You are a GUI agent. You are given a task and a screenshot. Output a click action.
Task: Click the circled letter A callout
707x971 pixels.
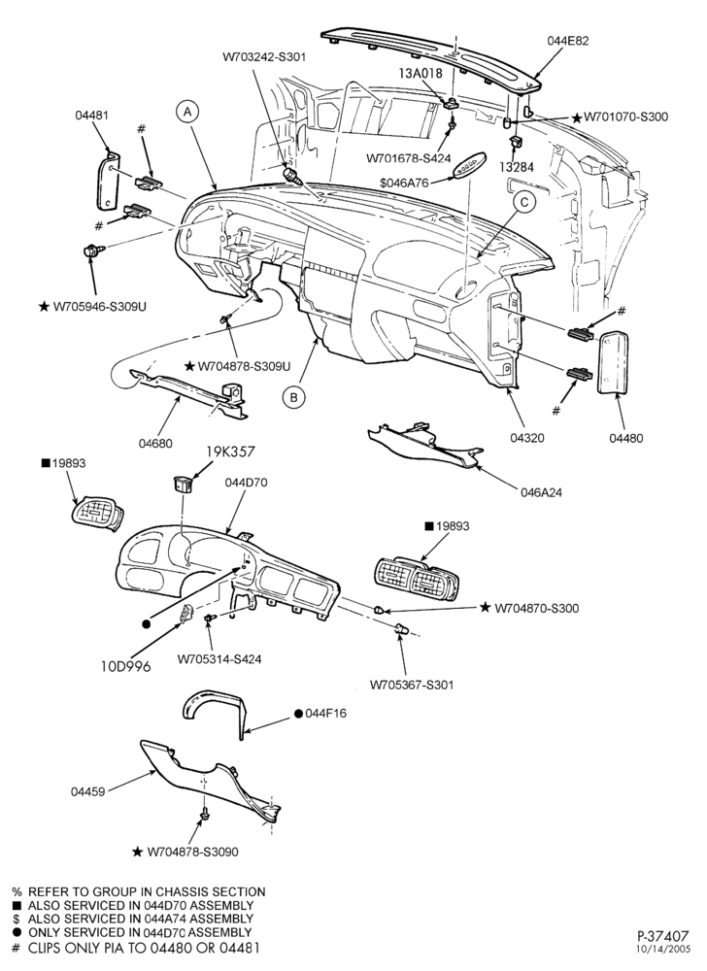pos(188,111)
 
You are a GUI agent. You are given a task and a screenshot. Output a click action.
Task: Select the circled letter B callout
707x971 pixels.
pos(294,396)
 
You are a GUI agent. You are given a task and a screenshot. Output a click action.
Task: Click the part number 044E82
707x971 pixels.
pos(568,41)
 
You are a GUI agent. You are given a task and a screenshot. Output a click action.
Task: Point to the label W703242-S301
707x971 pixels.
pos(264,57)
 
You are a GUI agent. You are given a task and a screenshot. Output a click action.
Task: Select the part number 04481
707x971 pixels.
pos(91,115)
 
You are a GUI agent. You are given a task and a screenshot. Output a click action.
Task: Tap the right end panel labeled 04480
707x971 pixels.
pos(612,362)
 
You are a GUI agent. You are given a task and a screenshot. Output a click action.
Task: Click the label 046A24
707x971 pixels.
pos(542,493)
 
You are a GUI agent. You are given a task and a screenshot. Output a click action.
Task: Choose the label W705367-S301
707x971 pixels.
pos(412,685)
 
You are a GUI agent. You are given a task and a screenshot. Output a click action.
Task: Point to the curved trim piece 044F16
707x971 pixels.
pos(215,714)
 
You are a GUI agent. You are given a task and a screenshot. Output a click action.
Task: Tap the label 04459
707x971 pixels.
pos(87,791)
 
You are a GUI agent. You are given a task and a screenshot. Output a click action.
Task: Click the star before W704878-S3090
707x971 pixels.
pos(138,853)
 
